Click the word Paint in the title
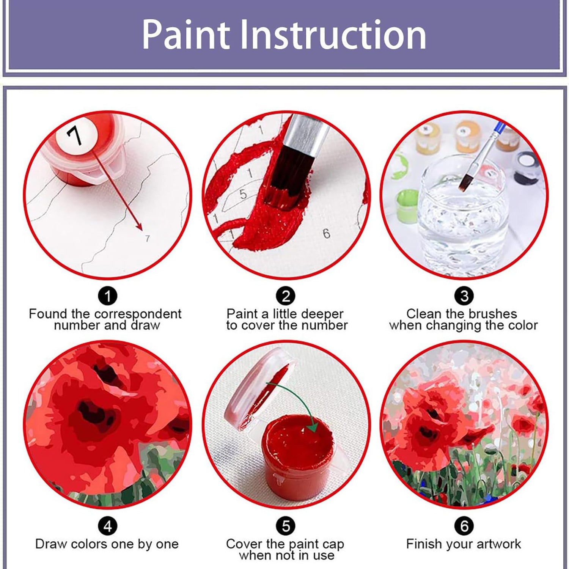pos(186,35)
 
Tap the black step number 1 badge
pos(108,296)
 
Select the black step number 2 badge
pos(286,296)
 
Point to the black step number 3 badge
pos(464,296)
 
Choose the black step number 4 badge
pos(108,526)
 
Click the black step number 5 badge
pos(286,526)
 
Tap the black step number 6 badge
pos(464,526)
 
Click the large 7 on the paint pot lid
pos(74,135)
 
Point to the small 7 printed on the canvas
pos(148,239)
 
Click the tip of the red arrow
pos(142,230)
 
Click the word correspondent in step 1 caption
pos(138,314)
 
